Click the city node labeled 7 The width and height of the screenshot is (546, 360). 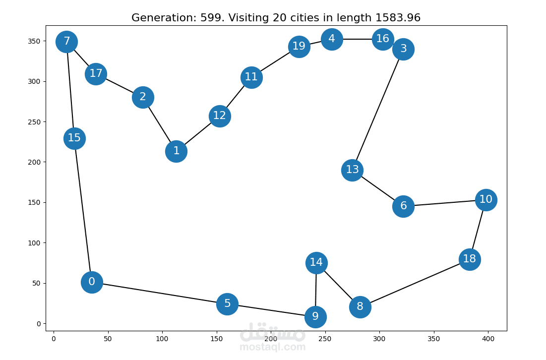tap(66, 42)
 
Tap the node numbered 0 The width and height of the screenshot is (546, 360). tap(92, 282)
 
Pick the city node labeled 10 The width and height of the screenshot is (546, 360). tap(486, 200)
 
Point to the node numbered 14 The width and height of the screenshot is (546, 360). tap(316, 263)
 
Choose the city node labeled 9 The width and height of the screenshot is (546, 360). tap(315, 317)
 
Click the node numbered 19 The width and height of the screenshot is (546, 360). tap(299, 47)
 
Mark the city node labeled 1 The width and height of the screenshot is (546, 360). tap(176, 151)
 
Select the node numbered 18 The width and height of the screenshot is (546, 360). tap(470, 259)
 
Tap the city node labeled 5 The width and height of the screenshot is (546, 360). tap(227, 304)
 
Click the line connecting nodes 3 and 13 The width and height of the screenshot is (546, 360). tap(378, 110)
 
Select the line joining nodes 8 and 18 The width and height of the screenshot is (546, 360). tap(415, 283)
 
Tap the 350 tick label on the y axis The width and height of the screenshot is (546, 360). tap(34, 41)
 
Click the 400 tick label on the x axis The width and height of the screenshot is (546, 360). tap(488, 339)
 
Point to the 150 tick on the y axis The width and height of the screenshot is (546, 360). tap(34, 203)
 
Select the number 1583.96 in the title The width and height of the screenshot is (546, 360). tap(398, 18)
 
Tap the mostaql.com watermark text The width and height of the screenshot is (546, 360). tap(272, 347)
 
